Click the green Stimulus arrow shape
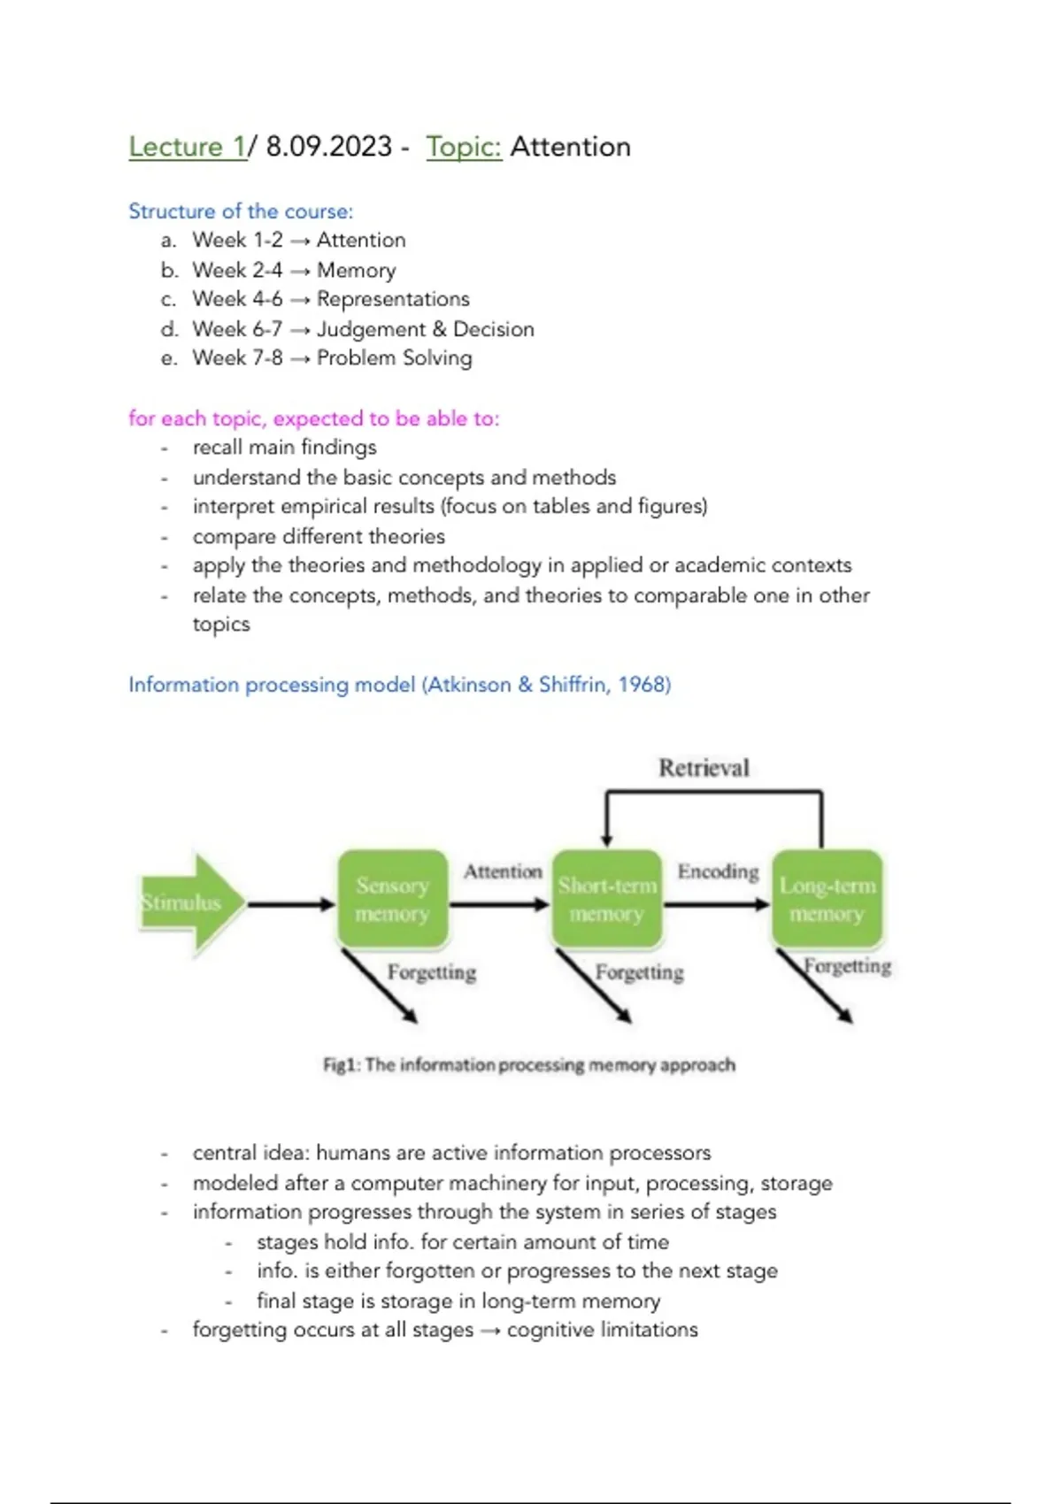point(190,903)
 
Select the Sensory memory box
point(392,900)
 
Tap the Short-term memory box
point(607,900)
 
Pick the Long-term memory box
point(827,900)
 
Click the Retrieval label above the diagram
point(704,768)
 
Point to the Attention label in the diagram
point(503,871)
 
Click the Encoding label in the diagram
point(718,871)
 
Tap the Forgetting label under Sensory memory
point(432,972)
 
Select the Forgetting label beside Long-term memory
point(848,965)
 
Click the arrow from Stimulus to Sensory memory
point(291,904)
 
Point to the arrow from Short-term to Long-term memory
point(716,904)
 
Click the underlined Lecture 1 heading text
point(188,147)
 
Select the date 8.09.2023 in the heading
point(328,147)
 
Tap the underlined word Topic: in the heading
point(464,147)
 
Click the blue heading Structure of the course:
point(241,211)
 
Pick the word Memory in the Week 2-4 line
point(356,270)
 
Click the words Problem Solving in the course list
point(394,358)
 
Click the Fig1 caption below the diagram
point(529,1064)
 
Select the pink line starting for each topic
point(314,418)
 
